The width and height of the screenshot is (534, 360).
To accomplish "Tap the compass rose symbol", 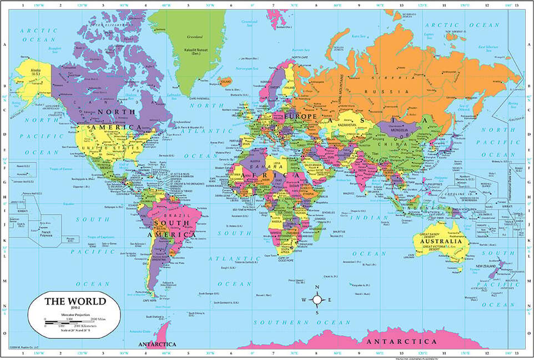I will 317,300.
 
